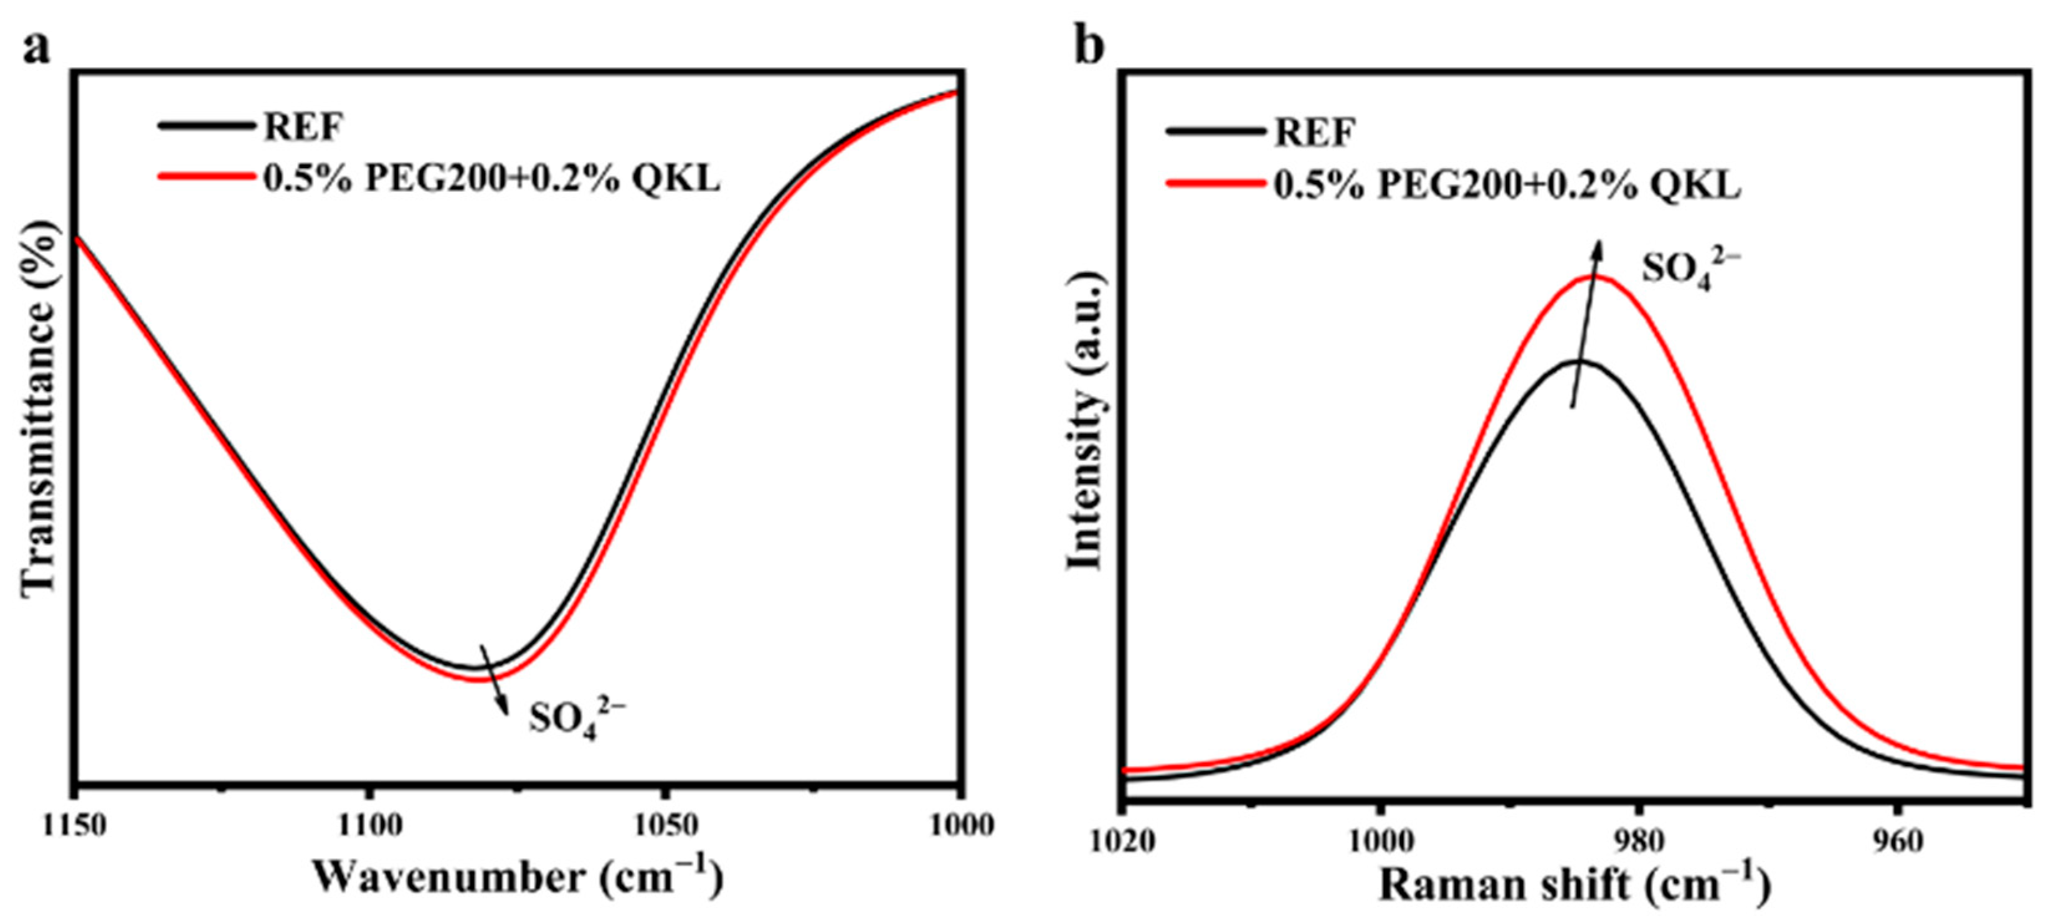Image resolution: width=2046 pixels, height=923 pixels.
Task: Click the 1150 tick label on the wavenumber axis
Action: (75, 826)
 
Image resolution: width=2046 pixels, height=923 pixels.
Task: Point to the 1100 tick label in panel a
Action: (367, 826)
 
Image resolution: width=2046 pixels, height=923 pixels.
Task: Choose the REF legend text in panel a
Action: (304, 127)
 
